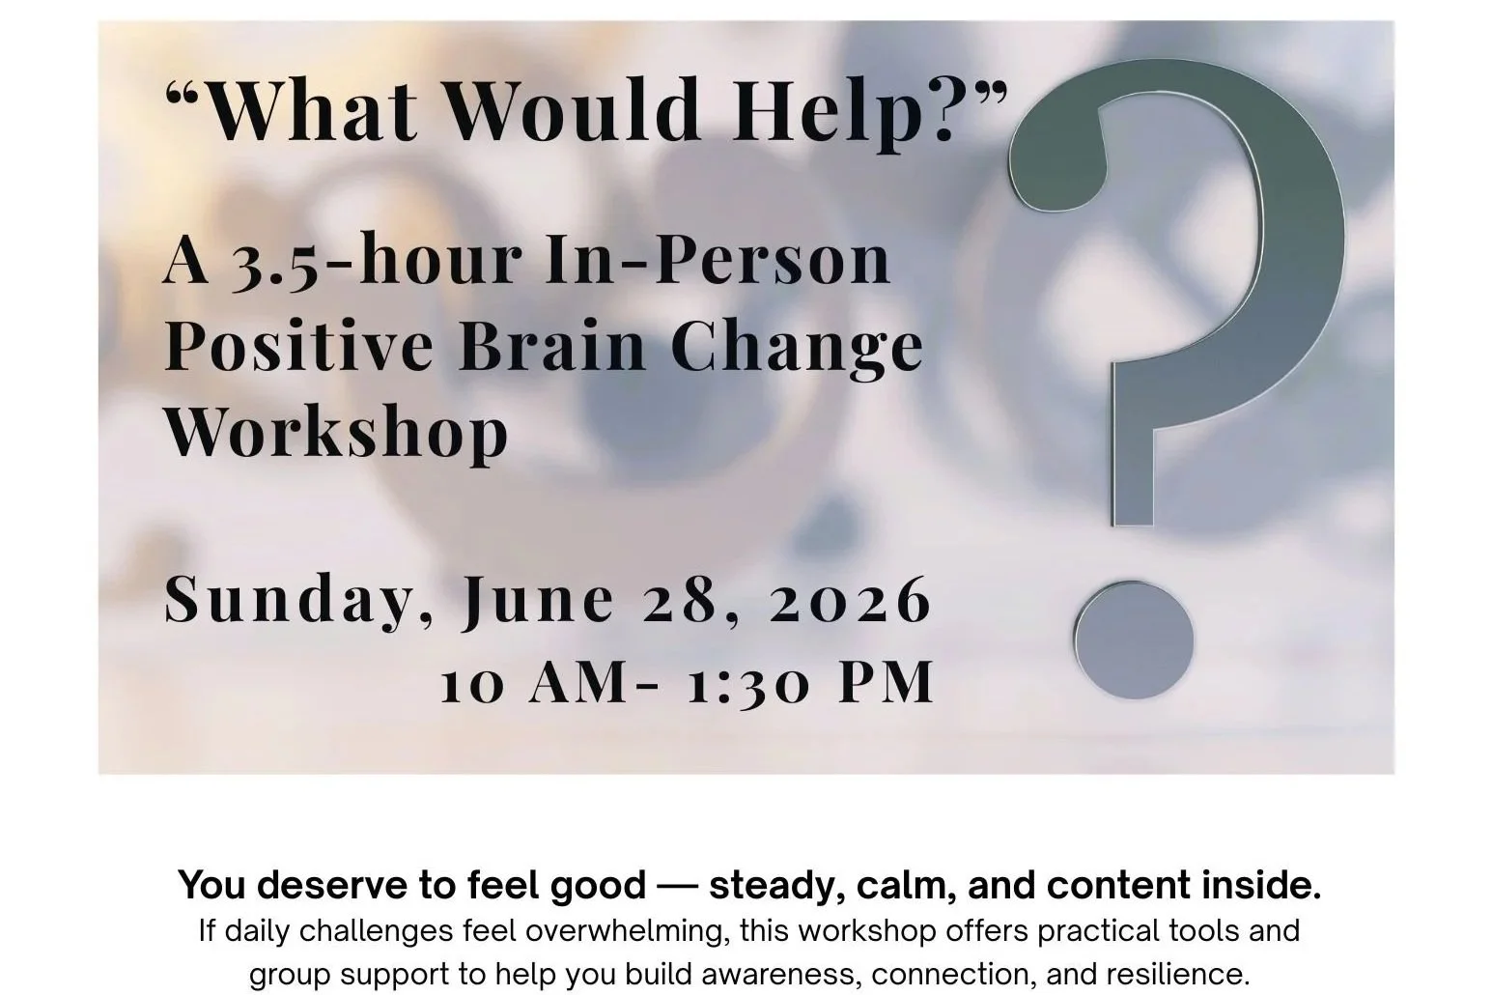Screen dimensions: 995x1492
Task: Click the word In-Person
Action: [x=717, y=261]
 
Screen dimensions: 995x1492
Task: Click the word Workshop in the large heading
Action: [x=336, y=431]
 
